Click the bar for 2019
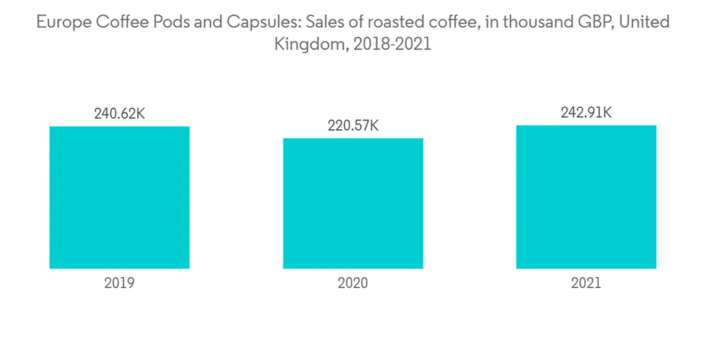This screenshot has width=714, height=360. [119, 197]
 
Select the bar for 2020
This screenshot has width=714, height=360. [353, 203]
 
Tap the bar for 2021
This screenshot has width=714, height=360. [586, 196]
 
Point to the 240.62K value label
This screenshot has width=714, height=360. [119, 113]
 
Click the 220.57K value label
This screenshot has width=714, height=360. [353, 126]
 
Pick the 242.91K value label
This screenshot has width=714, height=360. [586, 112]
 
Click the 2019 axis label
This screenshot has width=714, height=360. [119, 283]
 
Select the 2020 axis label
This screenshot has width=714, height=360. [353, 283]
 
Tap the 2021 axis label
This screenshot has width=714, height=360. [586, 283]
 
